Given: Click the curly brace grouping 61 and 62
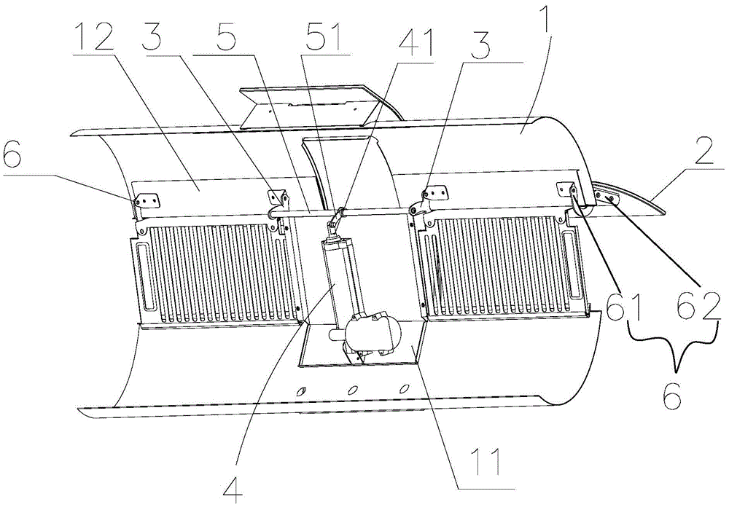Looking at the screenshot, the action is [671, 343].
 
